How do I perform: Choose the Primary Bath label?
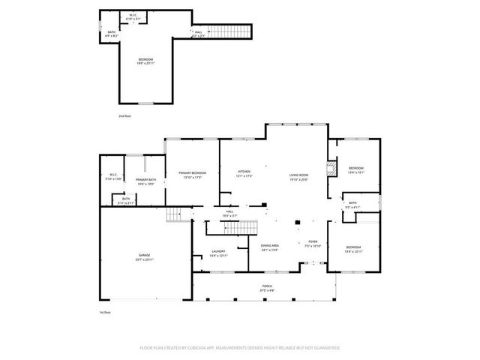(x=145, y=181)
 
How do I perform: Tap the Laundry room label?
(x=219, y=253)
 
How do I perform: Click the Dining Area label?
(x=270, y=247)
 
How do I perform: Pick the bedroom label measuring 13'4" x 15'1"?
(x=355, y=169)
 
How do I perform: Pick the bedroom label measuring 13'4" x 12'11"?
(x=353, y=249)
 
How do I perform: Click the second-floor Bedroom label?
(x=145, y=61)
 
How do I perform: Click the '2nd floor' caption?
(x=124, y=116)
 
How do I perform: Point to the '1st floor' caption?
(x=105, y=312)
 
